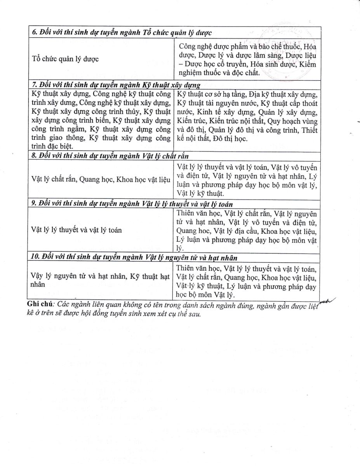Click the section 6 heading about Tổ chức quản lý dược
[x=122, y=33]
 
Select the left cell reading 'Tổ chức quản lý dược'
[x=65, y=59]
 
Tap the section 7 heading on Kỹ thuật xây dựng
[x=116, y=85]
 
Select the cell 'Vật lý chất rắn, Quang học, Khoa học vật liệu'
[x=101, y=180]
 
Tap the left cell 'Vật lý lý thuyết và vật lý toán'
[x=77, y=230]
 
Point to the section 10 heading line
[x=134, y=257]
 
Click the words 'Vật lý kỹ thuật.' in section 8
[x=200, y=193]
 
